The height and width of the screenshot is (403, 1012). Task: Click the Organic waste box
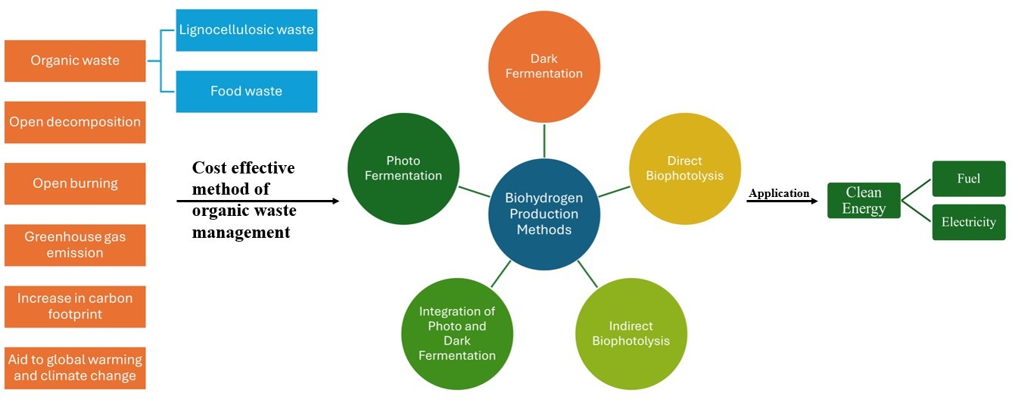75,61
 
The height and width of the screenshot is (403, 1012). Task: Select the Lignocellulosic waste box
247,30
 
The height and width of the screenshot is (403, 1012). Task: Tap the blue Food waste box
247,91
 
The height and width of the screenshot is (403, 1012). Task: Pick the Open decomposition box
75,122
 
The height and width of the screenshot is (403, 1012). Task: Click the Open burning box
75,183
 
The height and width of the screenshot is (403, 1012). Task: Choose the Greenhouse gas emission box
75,245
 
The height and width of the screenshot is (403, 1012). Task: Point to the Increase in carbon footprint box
75,306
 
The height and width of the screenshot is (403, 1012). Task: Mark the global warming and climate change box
75,367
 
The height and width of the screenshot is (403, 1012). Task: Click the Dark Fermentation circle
543,66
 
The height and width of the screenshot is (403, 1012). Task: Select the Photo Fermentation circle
403,168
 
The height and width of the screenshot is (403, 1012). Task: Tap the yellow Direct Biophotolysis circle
684,168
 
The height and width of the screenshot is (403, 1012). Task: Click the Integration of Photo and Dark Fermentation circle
456,333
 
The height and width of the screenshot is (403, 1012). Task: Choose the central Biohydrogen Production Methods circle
543,214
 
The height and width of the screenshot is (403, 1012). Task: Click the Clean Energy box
864,200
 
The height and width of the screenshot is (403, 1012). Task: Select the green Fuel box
968,179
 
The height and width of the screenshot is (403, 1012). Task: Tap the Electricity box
968,222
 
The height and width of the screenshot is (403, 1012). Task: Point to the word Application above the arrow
779,193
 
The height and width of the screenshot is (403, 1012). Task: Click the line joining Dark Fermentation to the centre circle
544,141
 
